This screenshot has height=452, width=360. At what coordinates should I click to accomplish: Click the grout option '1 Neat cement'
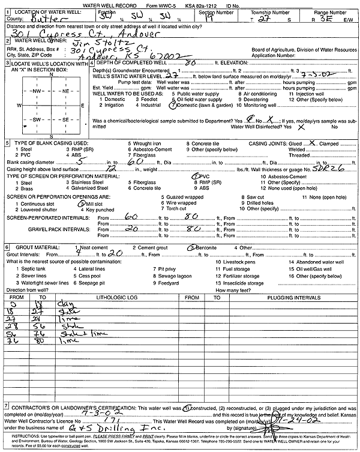point(96,247)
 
